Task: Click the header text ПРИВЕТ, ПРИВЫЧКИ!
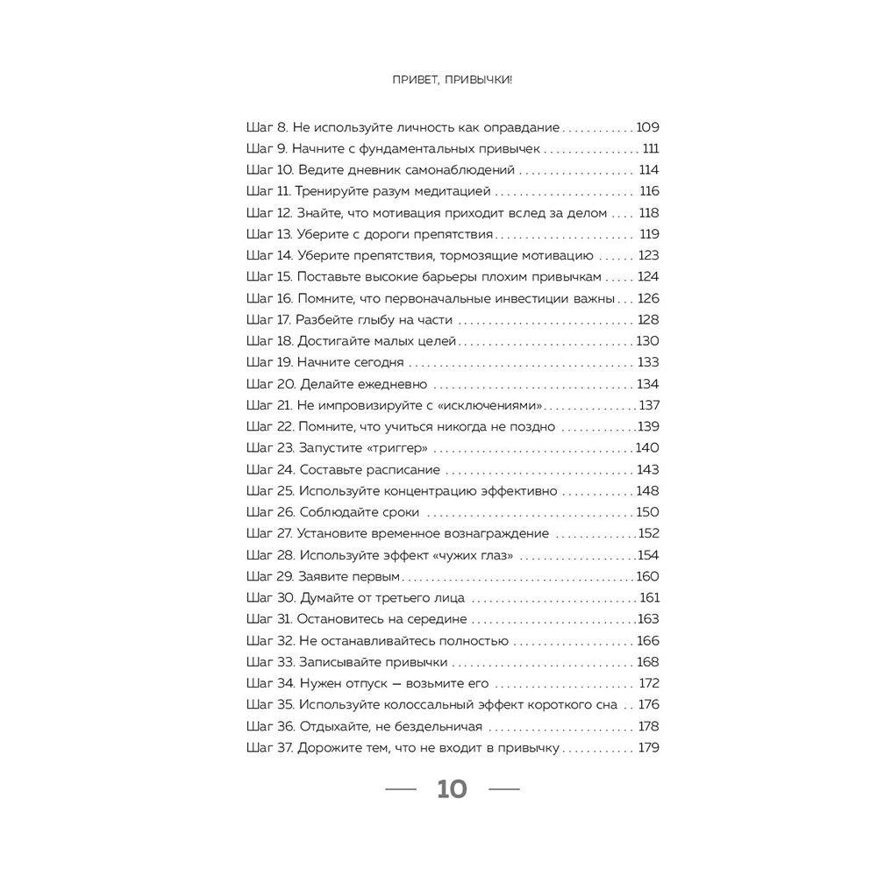click(453, 79)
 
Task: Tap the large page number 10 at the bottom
click(453, 789)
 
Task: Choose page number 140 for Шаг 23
click(647, 448)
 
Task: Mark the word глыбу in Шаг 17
click(373, 320)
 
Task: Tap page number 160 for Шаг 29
click(647, 576)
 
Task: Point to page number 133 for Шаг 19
click(648, 362)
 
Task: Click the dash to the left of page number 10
click(402, 789)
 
